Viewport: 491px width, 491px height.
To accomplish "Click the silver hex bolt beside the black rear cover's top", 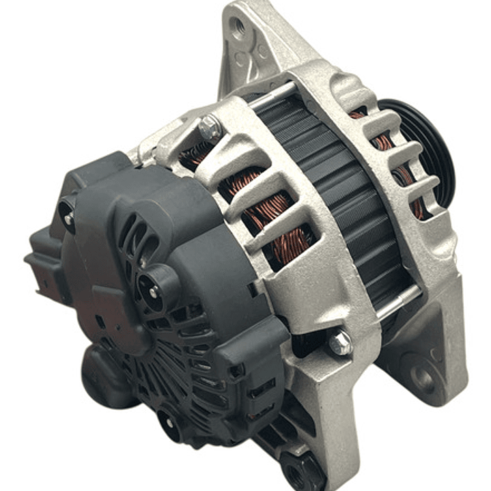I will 210,126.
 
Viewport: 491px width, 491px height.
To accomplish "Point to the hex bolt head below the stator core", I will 339,343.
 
